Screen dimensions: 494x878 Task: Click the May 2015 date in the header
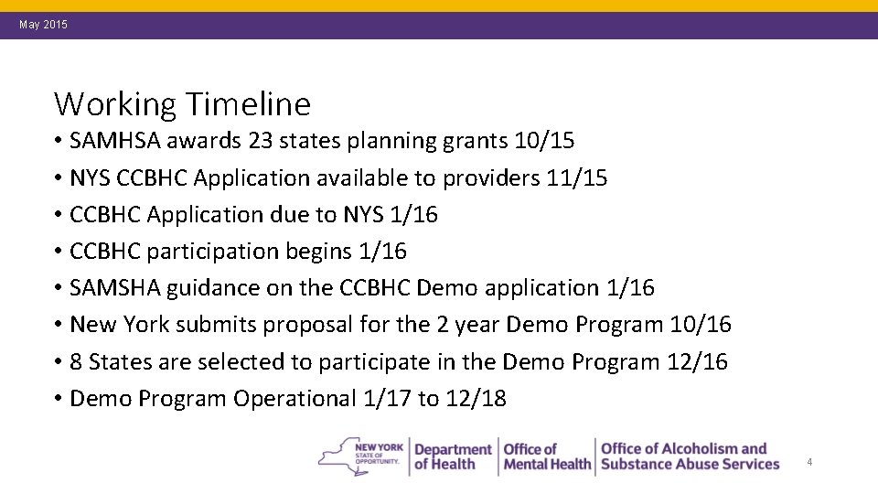(x=43, y=25)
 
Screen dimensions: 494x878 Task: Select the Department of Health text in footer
(x=452, y=456)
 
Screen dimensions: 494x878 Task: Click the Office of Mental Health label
(x=547, y=456)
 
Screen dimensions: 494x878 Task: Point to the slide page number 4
(x=809, y=463)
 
